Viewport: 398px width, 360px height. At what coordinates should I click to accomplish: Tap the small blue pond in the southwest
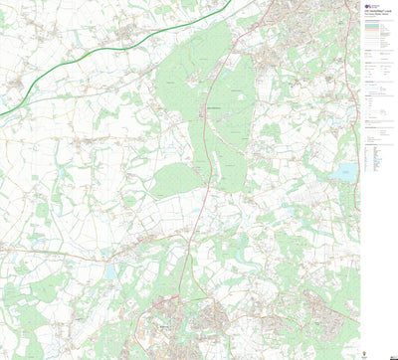[110, 269]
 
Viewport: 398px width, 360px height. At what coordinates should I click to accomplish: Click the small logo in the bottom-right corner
[388, 352]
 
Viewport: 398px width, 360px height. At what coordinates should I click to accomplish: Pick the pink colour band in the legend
[378, 31]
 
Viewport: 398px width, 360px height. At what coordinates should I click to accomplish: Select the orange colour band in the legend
[378, 36]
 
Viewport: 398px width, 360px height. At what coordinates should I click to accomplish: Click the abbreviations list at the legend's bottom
[378, 159]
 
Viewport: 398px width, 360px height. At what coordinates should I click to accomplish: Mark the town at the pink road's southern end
[164, 323]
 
